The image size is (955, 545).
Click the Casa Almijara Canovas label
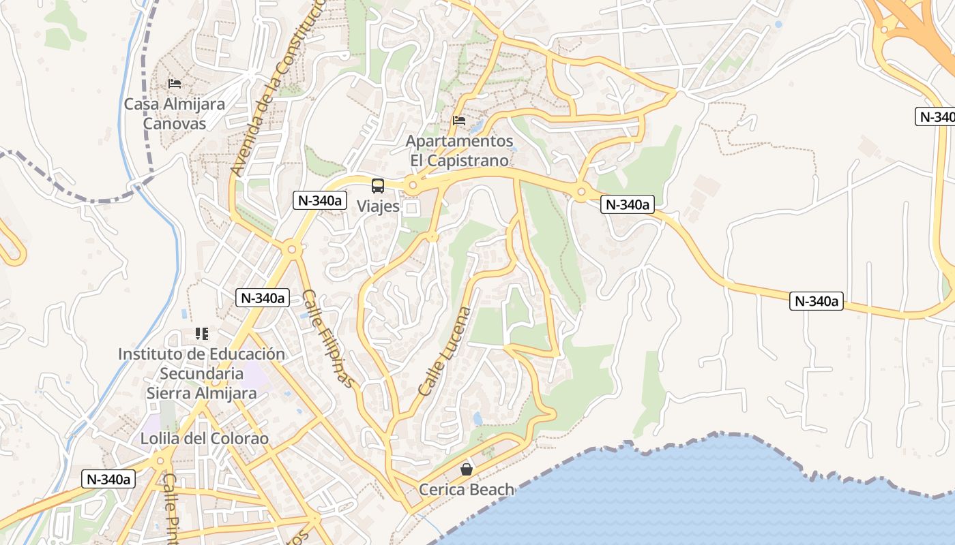[x=175, y=114]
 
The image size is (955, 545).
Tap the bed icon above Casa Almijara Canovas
[x=175, y=84]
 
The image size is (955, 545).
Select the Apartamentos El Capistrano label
[x=459, y=151]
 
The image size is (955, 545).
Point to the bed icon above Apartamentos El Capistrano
[x=459, y=121]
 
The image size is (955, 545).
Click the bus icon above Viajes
[x=378, y=185]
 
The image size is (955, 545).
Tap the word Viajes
[x=378, y=206]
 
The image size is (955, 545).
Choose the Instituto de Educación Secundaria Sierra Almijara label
[x=201, y=373]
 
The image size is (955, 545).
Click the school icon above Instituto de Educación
[x=201, y=334]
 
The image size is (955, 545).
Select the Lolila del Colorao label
[x=205, y=438]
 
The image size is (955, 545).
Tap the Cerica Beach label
[x=467, y=489]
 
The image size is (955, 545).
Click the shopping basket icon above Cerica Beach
[x=467, y=469]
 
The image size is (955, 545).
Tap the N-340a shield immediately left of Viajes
[x=320, y=200]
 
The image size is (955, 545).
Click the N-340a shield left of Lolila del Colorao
[x=108, y=479]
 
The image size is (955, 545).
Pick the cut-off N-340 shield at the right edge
[x=935, y=116]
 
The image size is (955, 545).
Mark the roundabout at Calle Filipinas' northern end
[x=292, y=249]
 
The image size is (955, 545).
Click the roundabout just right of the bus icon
[x=412, y=185]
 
